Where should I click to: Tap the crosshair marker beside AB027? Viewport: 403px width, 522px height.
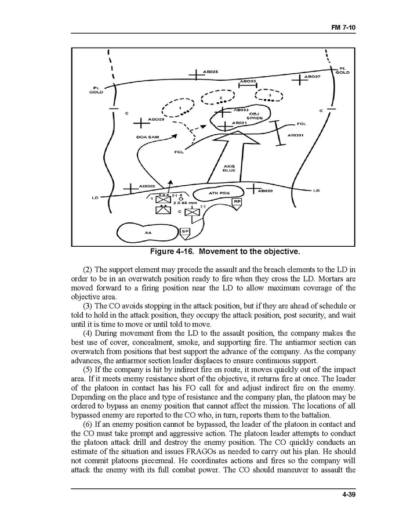coord(299,79)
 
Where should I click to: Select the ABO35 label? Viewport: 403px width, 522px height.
coord(248,82)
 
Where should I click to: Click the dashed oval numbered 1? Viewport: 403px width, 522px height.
coord(179,108)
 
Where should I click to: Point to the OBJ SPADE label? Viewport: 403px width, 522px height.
coord(255,116)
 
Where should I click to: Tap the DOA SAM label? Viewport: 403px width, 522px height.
coord(147,137)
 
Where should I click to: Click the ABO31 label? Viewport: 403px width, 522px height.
coord(295,135)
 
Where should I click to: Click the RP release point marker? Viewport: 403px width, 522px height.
coord(237,202)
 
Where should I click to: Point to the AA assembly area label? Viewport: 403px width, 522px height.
coord(148,233)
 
